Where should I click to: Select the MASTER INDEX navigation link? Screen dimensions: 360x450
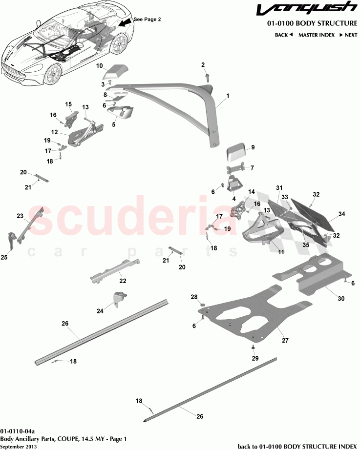pyautogui.click(x=317, y=35)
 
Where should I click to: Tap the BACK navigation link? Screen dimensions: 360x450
pyautogui.click(x=283, y=35)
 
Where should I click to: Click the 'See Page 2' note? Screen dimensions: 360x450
pyautogui.click(x=147, y=19)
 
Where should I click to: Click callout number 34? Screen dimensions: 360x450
pyautogui.click(x=341, y=214)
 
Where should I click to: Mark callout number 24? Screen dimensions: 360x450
pyautogui.click(x=100, y=311)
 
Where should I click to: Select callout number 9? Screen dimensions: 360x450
pyautogui.click(x=253, y=147)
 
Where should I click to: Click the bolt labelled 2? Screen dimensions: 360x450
pyautogui.click(x=208, y=77)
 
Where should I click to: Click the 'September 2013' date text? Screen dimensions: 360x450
pyautogui.click(x=18, y=446)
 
